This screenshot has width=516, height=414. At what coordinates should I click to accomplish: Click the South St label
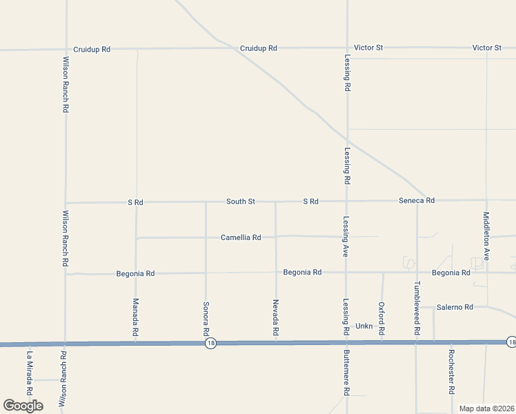(x=241, y=201)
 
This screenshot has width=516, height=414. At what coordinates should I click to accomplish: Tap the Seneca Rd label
(x=417, y=201)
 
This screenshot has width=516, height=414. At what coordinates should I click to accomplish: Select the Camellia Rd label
(x=241, y=237)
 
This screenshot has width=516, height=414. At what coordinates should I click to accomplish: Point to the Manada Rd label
(x=136, y=318)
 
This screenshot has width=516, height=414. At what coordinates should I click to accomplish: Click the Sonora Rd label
(x=206, y=318)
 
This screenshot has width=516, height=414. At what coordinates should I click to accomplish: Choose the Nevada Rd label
(x=275, y=318)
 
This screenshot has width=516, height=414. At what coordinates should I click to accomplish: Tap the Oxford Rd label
(x=381, y=318)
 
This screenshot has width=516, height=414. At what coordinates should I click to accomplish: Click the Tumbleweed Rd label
(x=417, y=308)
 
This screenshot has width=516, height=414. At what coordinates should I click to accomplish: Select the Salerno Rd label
(x=454, y=307)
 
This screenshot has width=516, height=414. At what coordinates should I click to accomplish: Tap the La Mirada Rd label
(x=30, y=373)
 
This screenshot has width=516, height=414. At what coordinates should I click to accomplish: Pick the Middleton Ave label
(x=486, y=235)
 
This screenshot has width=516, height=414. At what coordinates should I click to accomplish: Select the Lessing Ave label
(x=346, y=237)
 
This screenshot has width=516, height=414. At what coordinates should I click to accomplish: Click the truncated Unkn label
(x=364, y=326)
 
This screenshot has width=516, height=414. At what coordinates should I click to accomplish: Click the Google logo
(x=23, y=406)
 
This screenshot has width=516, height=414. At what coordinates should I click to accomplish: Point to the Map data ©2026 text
(x=486, y=408)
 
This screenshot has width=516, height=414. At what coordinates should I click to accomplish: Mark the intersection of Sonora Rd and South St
(x=206, y=202)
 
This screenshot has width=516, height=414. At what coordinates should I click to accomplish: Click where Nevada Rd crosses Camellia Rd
(x=276, y=237)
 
